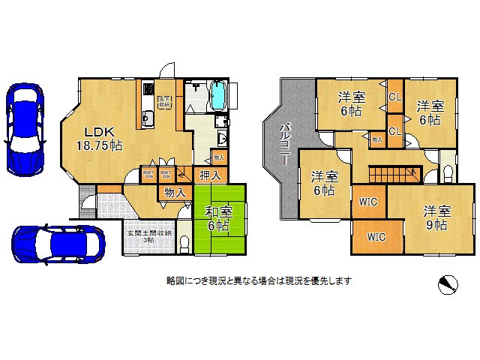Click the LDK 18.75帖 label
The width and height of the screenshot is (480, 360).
coord(98,137)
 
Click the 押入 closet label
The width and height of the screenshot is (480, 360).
coord(209,175)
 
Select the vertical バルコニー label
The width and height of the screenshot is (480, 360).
coord(286,142)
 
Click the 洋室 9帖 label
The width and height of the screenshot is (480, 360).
coord(434,217)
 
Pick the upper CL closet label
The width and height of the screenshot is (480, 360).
coord(395,96)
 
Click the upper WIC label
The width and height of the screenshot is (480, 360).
coord(368,201)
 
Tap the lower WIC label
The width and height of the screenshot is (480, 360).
coord(376,236)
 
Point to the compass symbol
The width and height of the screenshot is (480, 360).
coord(448,283)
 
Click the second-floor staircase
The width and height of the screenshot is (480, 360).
coord(391,175)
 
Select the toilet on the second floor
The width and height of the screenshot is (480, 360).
coord(448,173)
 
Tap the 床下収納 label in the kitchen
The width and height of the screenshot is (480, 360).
coord(163,102)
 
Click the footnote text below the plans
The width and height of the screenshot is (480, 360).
coord(259,281)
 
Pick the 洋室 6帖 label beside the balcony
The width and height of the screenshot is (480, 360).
coord(325,184)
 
